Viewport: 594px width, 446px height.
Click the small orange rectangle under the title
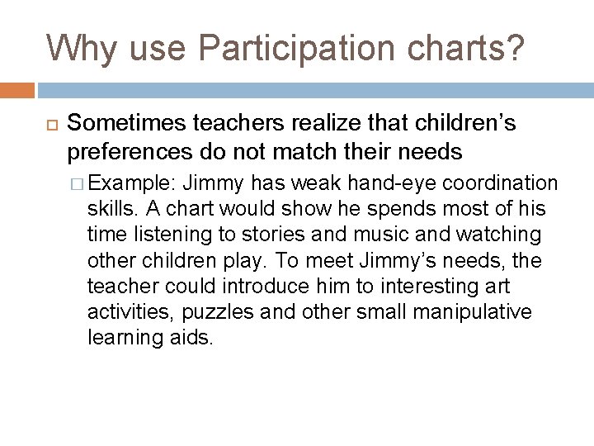(x=16, y=90)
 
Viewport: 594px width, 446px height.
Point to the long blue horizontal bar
(x=314, y=90)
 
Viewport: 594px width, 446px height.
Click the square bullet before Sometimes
(x=48, y=125)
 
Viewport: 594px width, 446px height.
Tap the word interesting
(x=430, y=286)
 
